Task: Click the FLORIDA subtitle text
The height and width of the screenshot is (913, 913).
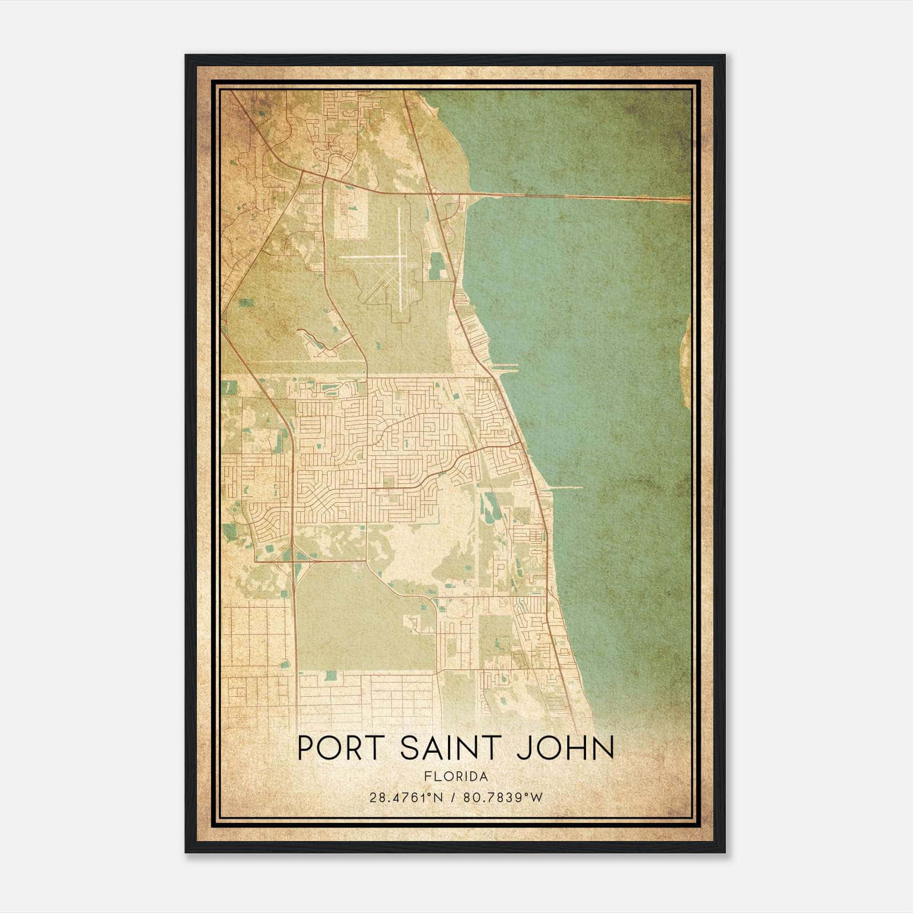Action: [x=456, y=776]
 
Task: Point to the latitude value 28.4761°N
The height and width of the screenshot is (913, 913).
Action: [x=406, y=797]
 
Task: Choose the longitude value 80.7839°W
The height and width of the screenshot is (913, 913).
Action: [x=503, y=797]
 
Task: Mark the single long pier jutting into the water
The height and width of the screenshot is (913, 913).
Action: [x=565, y=487]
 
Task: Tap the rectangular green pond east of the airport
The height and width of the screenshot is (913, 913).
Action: [x=437, y=266]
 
